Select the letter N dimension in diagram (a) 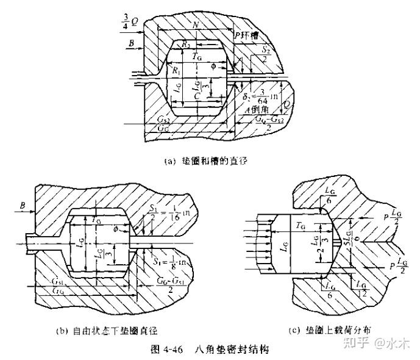click(x=194, y=26)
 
